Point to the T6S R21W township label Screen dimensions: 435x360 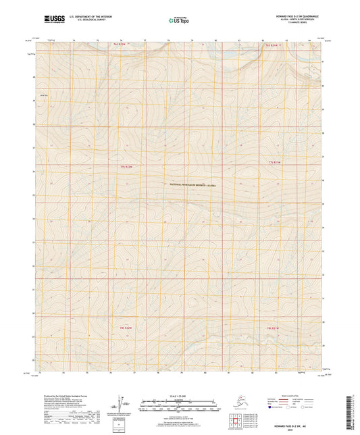click(x=272, y=45)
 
